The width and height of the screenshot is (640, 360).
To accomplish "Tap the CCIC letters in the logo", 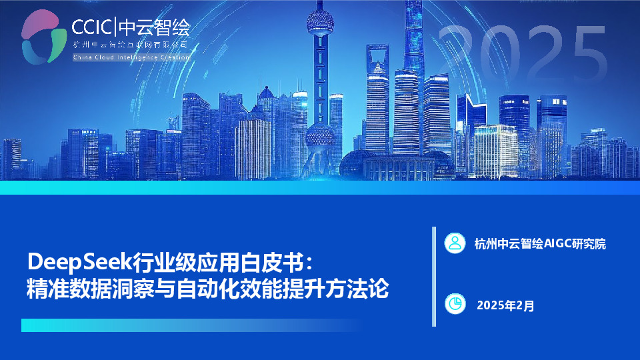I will pyautogui.click(x=93, y=27).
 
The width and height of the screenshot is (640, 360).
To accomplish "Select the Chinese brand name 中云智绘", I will pyautogui.click(x=154, y=27).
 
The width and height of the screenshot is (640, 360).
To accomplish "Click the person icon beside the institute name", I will pyautogui.click(x=455, y=243).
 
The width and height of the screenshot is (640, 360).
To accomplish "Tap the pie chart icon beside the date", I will pyautogui.click(x=455, y=304).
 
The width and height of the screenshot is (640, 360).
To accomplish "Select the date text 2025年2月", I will pyautogui.click(x=505, y=306).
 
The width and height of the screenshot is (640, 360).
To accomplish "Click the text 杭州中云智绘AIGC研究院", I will pyautogui.click(x=540, y=244).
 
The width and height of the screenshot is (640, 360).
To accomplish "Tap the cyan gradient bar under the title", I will pyautogui.click(x=187, y=325).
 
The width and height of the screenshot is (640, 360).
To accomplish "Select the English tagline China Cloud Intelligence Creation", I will pyautogui.click(x=131, y=57).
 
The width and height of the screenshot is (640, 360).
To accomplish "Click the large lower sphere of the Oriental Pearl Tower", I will pyautogui.click(x=320, y=137).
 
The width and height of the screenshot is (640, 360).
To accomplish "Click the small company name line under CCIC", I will pyautogui.click(x=131, y=44).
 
